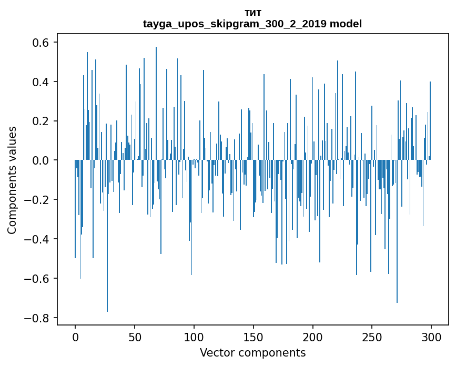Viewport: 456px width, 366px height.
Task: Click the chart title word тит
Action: click(252, 13)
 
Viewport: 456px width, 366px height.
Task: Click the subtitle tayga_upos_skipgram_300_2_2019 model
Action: click(252, 24)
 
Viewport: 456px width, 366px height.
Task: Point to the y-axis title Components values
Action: click(12, 180)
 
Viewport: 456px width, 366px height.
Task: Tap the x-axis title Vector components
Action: click(252, 352)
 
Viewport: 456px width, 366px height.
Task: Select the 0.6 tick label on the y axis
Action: click(42, 42)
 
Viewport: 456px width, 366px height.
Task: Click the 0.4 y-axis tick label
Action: click(42, 82)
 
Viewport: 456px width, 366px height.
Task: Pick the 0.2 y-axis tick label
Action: click(42, 121)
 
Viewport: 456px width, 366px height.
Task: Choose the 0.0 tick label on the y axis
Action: click(42, 160)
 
